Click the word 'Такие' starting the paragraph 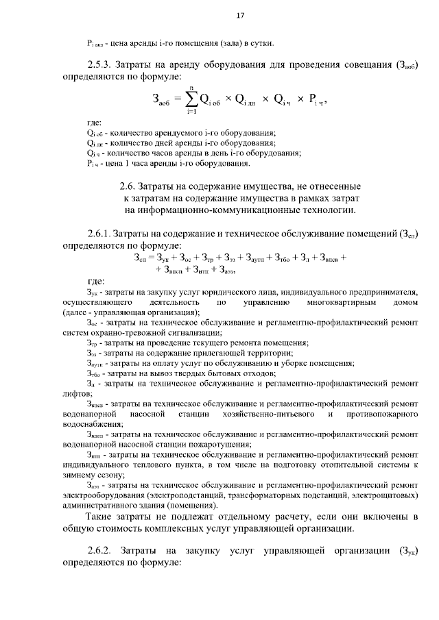coord(102,515)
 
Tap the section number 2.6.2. coord(104,552)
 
